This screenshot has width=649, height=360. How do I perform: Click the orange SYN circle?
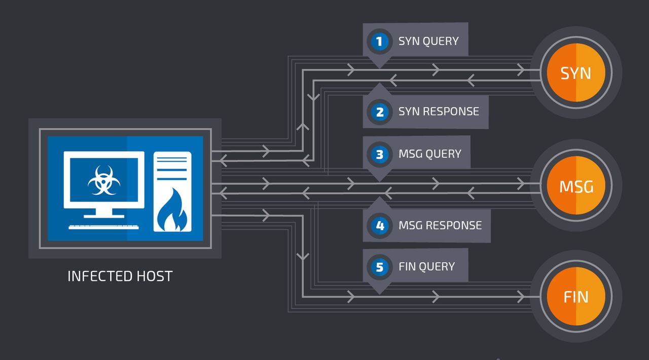click(576, 73)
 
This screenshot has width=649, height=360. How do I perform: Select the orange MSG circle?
click(576, 187)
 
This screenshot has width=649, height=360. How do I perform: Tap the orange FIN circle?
click(576, 296)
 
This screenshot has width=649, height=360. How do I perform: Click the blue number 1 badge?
click(379, 41)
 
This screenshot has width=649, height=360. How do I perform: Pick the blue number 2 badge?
click(379, 112)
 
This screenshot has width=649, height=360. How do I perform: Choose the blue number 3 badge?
click(379, 154)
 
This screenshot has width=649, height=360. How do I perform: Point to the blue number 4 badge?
click(379, 225)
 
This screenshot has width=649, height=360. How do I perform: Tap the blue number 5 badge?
click(379, 267)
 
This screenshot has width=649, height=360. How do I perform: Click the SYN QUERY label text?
click(428, 41)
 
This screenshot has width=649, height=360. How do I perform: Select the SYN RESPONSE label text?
click(439, 112)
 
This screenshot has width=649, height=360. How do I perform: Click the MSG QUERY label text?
click(430, 154)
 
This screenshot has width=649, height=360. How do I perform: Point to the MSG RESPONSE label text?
click(440, 225)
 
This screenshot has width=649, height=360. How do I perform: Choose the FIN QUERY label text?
click(427, 267)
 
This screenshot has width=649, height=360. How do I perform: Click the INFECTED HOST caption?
click(120, 276)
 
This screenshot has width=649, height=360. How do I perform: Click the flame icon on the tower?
click(172, 212)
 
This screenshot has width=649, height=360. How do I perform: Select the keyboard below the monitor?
click(104, 226)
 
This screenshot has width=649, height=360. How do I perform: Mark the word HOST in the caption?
click(154, 276)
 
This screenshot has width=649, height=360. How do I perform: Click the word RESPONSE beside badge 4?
click(451, 225)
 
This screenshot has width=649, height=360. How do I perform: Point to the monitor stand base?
click(104, 215)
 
